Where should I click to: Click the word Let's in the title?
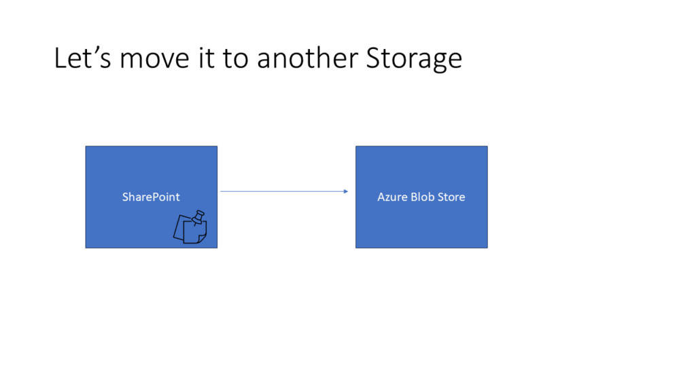(82, 58)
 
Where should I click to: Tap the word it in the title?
(207, 58)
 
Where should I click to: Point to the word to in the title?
(235, 59)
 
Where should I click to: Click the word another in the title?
(308, 58)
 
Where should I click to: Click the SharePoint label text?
(151, 197)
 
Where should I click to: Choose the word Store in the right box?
(451, 197)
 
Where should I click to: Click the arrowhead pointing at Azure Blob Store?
(346, 191)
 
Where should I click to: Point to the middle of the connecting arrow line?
(285, 191)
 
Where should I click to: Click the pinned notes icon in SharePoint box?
(190, 227)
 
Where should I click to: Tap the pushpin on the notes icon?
(198, 217)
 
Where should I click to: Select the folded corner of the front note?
(202, 239)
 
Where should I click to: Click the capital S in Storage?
(374, 59)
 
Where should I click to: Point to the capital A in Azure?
(381, 197)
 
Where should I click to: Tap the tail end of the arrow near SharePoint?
(221, 191)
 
